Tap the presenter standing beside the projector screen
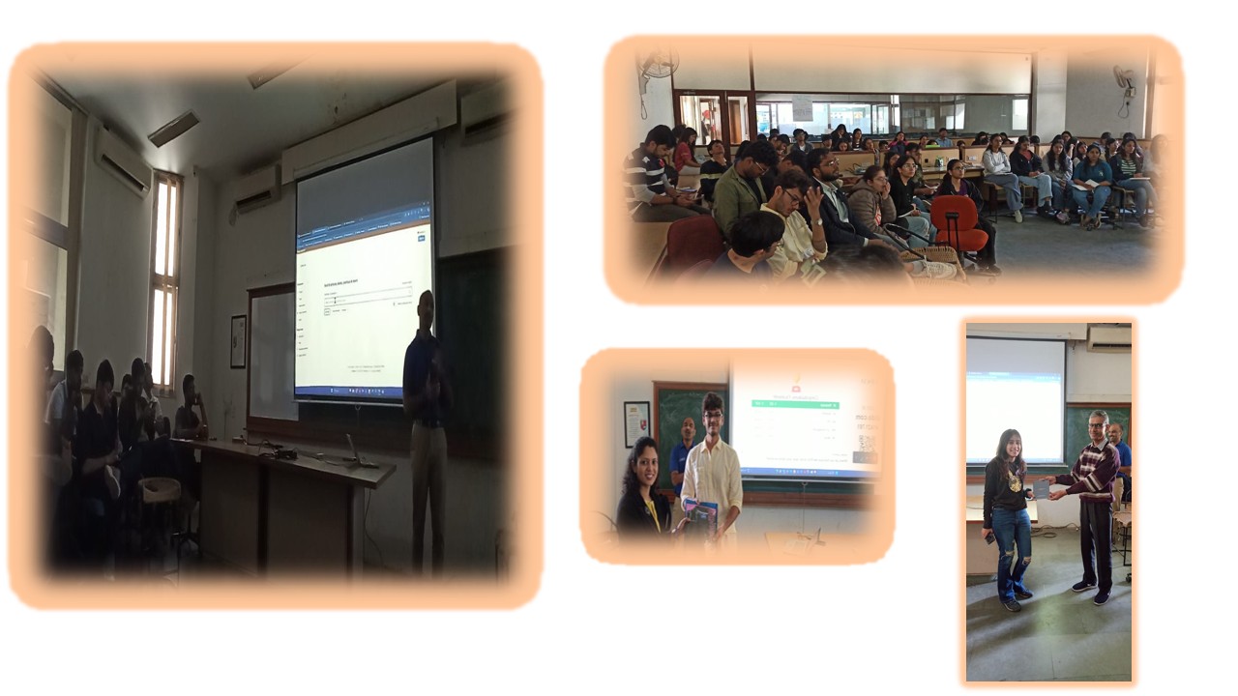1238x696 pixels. (x=425, y=425)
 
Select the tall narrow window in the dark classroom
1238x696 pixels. (x=164, y=280)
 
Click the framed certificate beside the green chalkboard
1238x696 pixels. (x=635, y=422)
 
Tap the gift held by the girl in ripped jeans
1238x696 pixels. (x=1042, y=489)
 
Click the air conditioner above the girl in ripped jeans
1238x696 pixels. (x=1108, y=336)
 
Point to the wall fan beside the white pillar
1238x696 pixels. (x=1124, y=78)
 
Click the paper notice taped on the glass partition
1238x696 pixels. (x=802, y=108)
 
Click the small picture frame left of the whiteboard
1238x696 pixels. (x=238, y=341)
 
